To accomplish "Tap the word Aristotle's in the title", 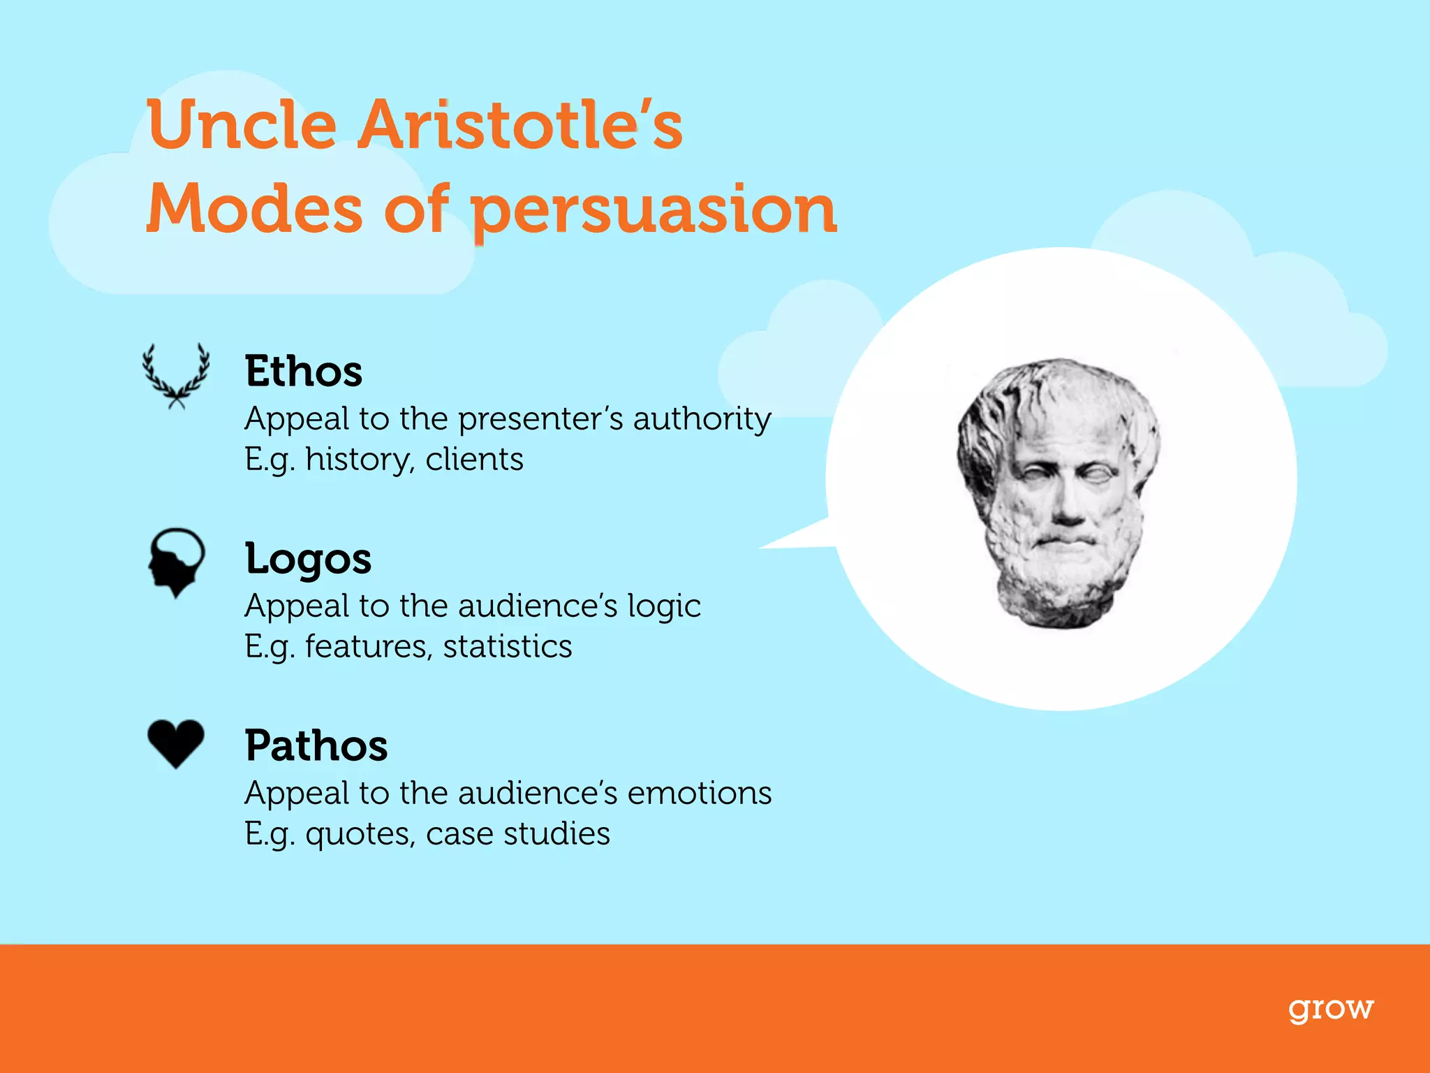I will (x=520, y=126).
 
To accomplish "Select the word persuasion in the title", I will (x=654, y=210).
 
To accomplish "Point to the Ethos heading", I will (x=303, y=371).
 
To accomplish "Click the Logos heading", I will (x=308, y=559).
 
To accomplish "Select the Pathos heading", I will (x=316, y=745).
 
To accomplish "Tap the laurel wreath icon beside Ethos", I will (x=176, y=375).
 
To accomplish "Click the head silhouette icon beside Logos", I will (x=175, y=561).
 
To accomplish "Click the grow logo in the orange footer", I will (x=1330, y=1009).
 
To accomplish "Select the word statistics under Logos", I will (x=507, y=647).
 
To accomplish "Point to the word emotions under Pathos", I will (x=699, y=794).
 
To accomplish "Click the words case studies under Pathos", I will (x=517, y=834).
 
